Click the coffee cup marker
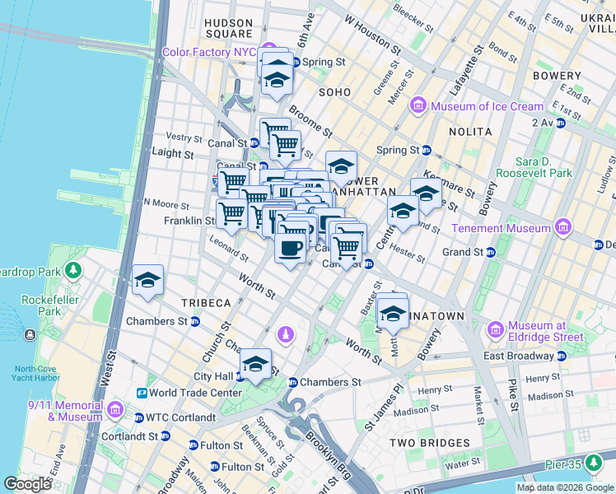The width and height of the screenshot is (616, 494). (x=289, y=249)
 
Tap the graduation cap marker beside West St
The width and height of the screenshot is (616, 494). (x=147, y=281)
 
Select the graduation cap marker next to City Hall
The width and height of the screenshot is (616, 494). (x=255, y=364)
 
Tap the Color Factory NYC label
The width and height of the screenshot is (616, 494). (x=209, y=51)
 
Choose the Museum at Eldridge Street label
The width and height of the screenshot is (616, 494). (x=545, y=331)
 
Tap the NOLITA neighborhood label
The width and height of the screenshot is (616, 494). (x=470, y=132)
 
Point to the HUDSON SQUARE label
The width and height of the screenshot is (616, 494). (x=228, y=28)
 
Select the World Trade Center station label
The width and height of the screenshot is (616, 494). (x=194, y=393)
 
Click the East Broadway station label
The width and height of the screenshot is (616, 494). (x=518, y=356)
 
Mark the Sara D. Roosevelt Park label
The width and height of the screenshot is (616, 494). (x=544, y=167)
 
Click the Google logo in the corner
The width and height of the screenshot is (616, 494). (x=27, y=483)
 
